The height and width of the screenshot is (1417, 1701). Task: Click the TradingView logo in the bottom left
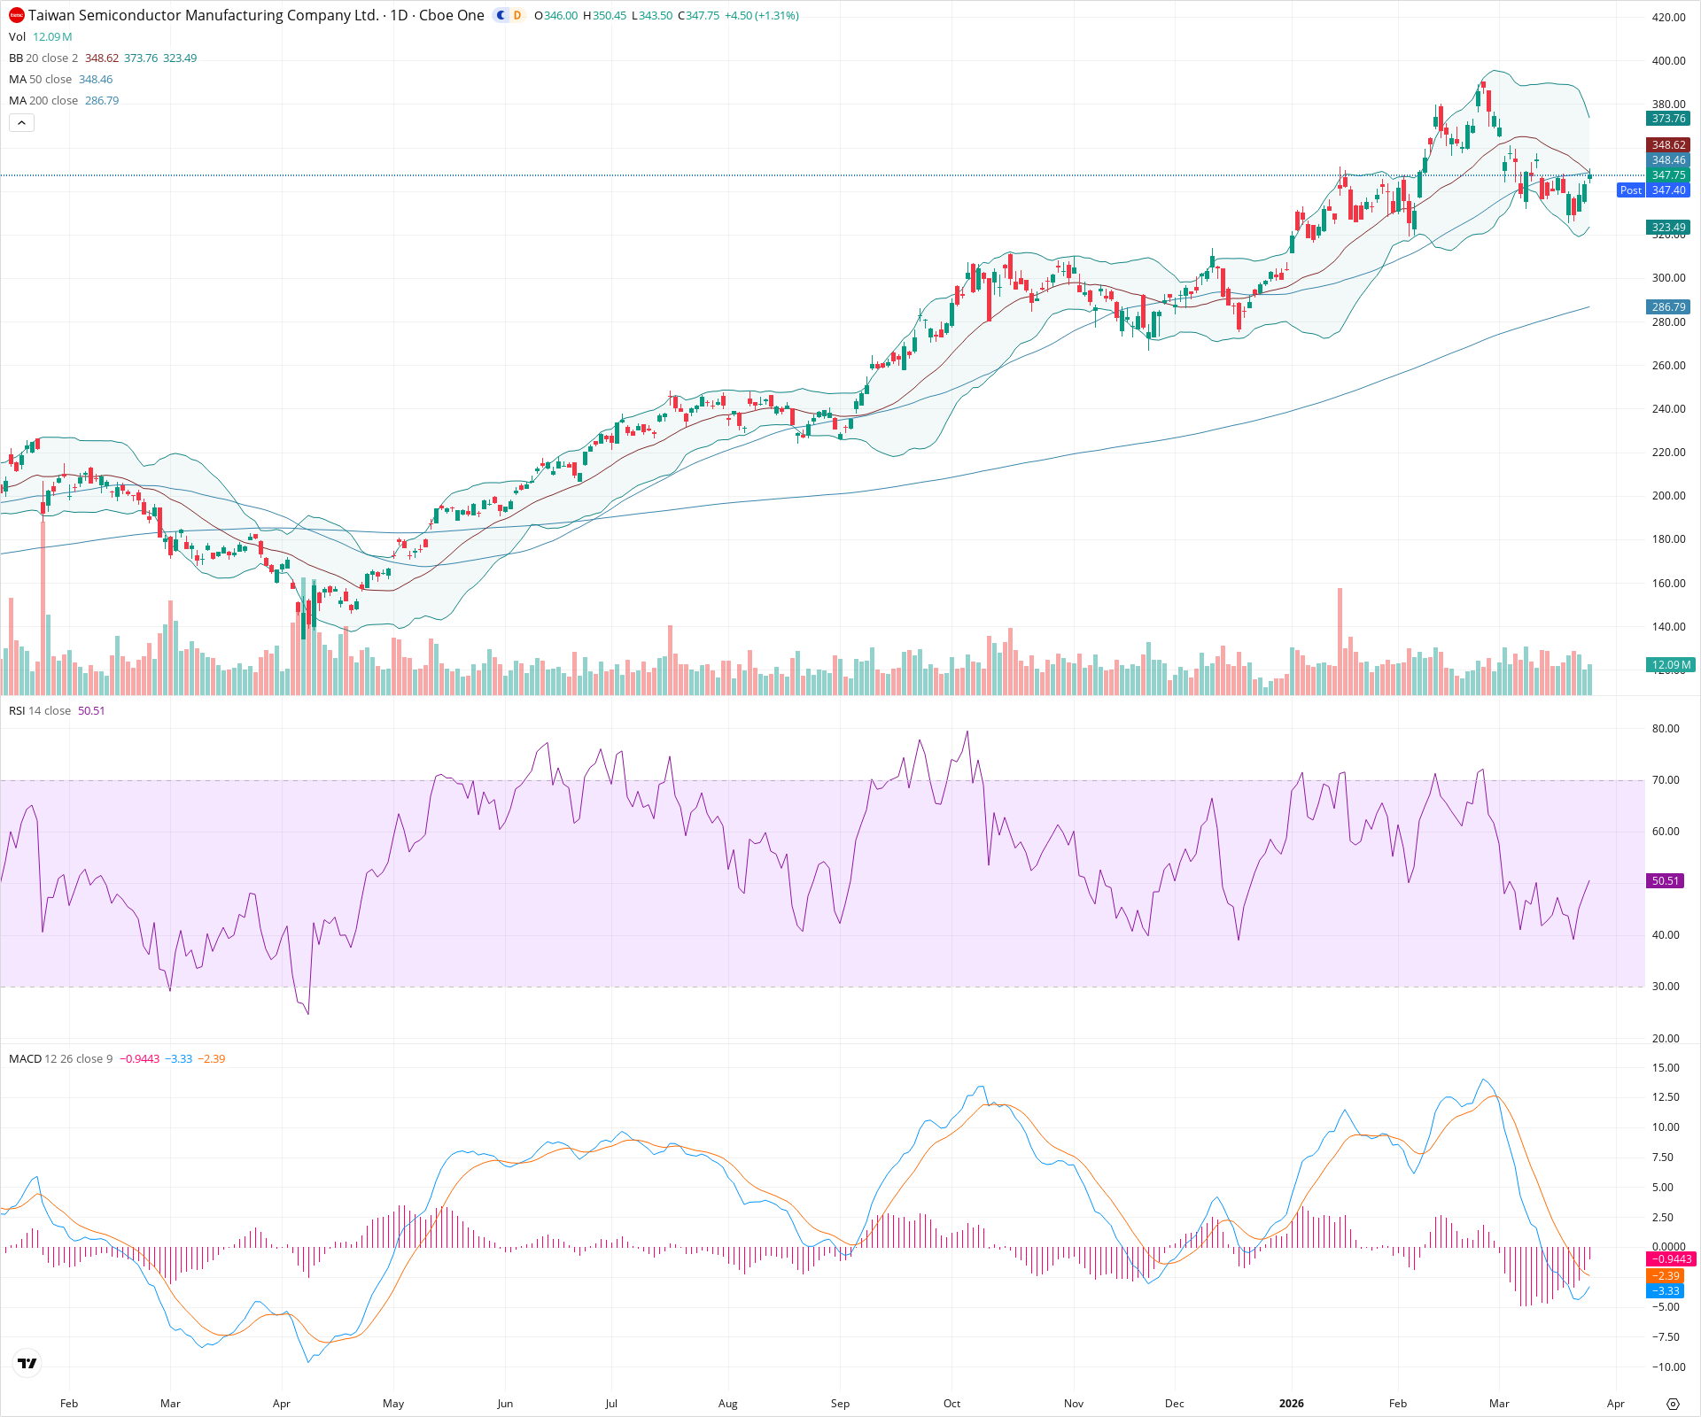(x=27, y=1364)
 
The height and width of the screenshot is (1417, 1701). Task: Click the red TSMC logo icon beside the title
(x=16, y=16)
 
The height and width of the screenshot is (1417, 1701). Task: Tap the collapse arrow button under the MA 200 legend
(x=21, y=123)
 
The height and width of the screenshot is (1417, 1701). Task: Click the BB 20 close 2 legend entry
(x=43, y=58)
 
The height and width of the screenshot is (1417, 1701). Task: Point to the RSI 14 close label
(x=40, y=711)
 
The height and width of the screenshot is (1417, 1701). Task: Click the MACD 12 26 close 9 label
(x=60, y=1059)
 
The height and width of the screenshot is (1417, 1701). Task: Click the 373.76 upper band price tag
(x=1668, y=119)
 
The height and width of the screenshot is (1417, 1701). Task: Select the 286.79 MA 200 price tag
(x=1668, y=307)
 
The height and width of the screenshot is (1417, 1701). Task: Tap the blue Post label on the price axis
(x=1630, y=190)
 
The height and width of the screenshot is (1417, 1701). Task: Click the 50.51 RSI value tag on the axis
(x=1666, y=881)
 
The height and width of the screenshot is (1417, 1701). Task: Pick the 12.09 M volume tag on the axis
(x=1671, y=664)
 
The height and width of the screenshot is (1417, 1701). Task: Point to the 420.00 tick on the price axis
(x=1668, y=18)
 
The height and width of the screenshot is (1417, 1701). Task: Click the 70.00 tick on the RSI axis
(x=1666, y=780)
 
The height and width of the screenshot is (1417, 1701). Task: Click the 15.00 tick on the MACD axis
(x=1666, y=1068)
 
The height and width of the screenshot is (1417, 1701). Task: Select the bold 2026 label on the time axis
(x=1292, y=1404)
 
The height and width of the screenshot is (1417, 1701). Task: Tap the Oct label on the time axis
(x=951, y=1404)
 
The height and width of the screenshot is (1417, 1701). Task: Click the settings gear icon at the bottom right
(x=1673, y=1405)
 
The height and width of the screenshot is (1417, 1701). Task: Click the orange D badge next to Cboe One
(x=517, y=16)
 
